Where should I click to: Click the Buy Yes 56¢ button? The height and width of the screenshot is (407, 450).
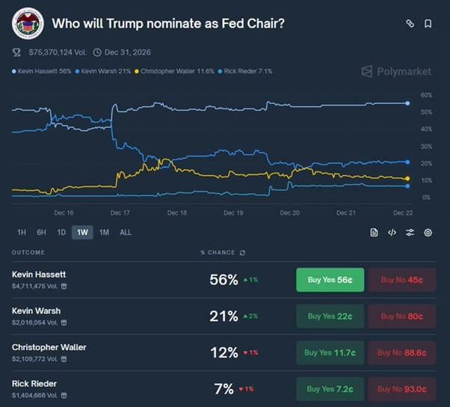[x=330, y=280]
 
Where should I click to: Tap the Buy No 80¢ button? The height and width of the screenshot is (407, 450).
[x=401, y=316]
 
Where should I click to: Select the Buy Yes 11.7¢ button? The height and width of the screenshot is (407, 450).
[x=330, y=352]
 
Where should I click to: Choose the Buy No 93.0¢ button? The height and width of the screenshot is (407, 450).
[x=401, y=388]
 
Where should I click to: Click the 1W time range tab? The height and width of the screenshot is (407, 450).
[x=82, y=232]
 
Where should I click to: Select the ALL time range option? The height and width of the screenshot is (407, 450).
[x=126, y=232]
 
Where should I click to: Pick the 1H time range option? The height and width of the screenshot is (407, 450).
[x=22, y=232]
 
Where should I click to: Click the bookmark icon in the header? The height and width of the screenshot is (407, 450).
[x=428, y=23]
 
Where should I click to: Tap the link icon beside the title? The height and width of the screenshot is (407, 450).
[x=410, y=23]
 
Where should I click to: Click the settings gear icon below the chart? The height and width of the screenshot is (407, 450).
[x=428, y=233]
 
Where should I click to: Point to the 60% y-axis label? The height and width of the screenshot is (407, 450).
[x=427, y=96]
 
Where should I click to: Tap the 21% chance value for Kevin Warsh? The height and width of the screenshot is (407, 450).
[x=224, y=316]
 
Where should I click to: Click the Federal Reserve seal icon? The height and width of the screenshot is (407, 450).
[x=28, y=23]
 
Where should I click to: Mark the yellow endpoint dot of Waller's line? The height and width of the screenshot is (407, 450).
[x=407, y=179]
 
